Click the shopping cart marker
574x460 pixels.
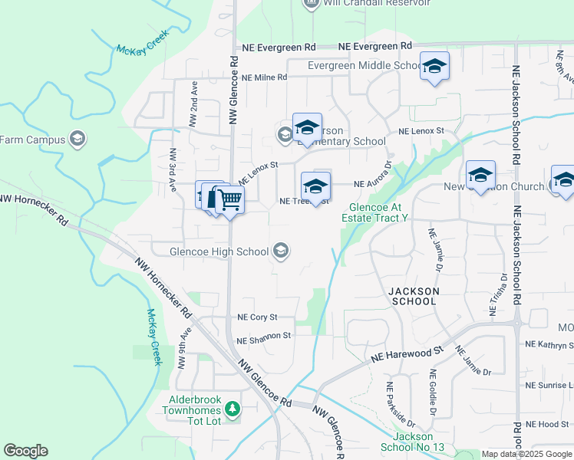pyautogui.click(x=229, y=201)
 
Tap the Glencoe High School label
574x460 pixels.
pyautogui.click(x=209, y=251)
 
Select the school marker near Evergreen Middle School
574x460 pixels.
pyautogui.click(x=434, y=67)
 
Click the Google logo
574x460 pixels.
pyautogui.click(x=25, y=451)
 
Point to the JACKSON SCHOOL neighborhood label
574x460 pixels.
pyautogui.click(x=414, y=296)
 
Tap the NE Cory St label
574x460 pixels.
pyautogui.click(x=256, y=317)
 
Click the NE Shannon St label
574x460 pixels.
pyautogui.click(x=264, y=336)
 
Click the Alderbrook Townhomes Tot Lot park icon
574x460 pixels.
pyautogui.click(x=230, y=407)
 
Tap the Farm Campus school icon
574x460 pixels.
pyautogui.click(x=77, y=140)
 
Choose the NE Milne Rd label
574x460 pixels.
pyautogui.click(x=264, y=77)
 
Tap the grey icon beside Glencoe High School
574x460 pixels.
pyautogui.click(x=281, y=251)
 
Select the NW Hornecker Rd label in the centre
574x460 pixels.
pyautogui.click(x=163, y=287)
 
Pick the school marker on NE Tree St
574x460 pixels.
pyautogui.click(x=315, y=186)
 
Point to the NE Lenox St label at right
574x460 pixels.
pyautogui.click(x=421, y=132)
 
